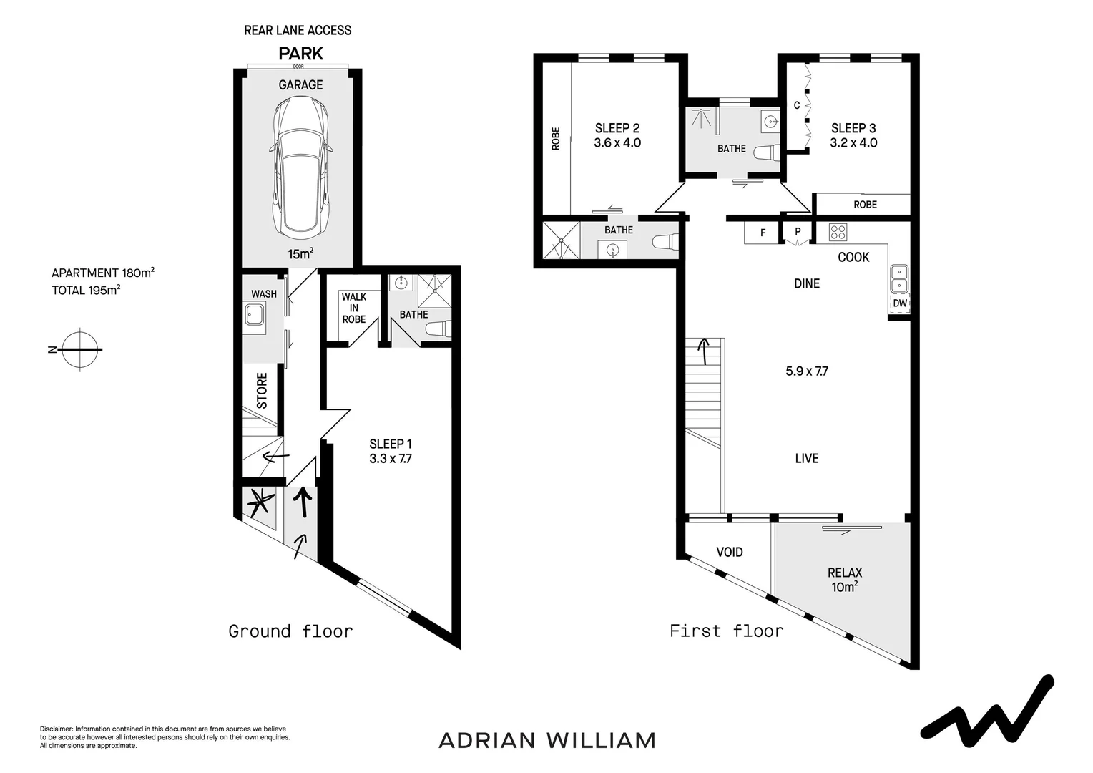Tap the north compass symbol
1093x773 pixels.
pyautogui.click(x=79, y=350)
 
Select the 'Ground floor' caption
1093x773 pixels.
pyautogui.click(x=290, y=631)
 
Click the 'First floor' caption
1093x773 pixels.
pyautogui.click(x=726, y=631)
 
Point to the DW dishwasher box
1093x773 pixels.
pyautogui.click(x=899, y=303)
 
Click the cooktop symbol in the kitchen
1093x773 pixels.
pyautogui.click(x=838, y=233)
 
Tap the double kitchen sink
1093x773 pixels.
pyautogui.click(x=898, y=279)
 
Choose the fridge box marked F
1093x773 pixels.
pyautogui.click(x=763, y=233)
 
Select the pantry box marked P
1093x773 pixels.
pyautogui.click(x=797, y=233)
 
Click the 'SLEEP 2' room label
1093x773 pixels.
pyautogui.click(x=617, y=128)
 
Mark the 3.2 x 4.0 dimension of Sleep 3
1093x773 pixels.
pyautogui.click(x=853, y=142)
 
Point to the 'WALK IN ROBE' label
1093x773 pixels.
pyautogui.click(x=353, y=308)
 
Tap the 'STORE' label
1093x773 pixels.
pyautogui.click(x=262, y=391)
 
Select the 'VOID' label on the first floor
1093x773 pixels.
pyautogui.click(x=730, y=552)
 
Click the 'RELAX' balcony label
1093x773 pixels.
pyautogui.click(x=844, y=573)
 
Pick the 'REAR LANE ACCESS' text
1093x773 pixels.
pyautogui.click(x=298, y=30)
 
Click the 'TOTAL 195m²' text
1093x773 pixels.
pyautogui.click(x=85, y=291)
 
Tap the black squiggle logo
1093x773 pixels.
pyautogui.click(x=987, y=709)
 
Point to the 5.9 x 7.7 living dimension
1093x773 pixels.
pyautogui.click(x=807, y=371)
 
